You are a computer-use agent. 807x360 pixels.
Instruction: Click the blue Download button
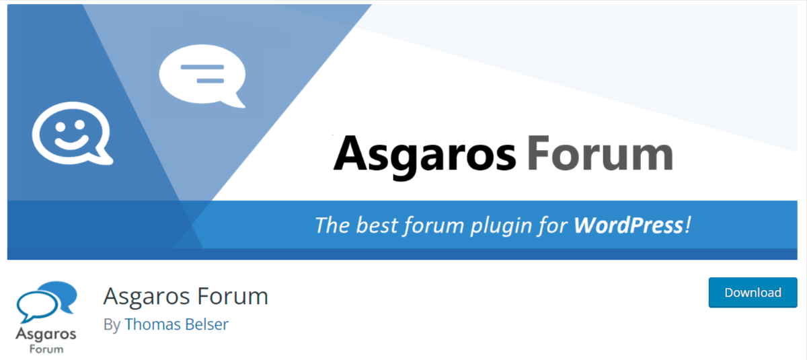coord(753,292)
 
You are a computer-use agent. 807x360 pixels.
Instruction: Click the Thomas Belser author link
coord(176,324)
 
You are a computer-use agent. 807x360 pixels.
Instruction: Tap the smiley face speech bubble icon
coord(73,133)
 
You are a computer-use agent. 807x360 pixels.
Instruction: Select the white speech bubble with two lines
coord(202,76)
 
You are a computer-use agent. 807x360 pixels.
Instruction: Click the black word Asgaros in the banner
coord(425,155)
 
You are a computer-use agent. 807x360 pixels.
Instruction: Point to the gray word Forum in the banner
coord(600,153)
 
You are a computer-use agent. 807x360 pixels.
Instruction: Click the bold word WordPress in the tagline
coord(628,225)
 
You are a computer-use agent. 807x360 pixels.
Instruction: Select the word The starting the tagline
coord(332,225)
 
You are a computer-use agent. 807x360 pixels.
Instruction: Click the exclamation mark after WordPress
coord(688,225)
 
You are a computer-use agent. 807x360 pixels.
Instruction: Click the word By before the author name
coord(112,325)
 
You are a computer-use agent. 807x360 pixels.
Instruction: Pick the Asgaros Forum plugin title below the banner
coord(186,296)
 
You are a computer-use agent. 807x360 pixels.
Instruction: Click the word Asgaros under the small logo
coord(46,335)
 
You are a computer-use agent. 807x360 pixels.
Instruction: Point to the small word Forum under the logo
coord(46,349)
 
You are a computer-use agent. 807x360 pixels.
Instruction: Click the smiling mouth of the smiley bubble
coord(71,143)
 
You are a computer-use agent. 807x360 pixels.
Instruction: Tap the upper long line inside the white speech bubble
coord(202,67)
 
